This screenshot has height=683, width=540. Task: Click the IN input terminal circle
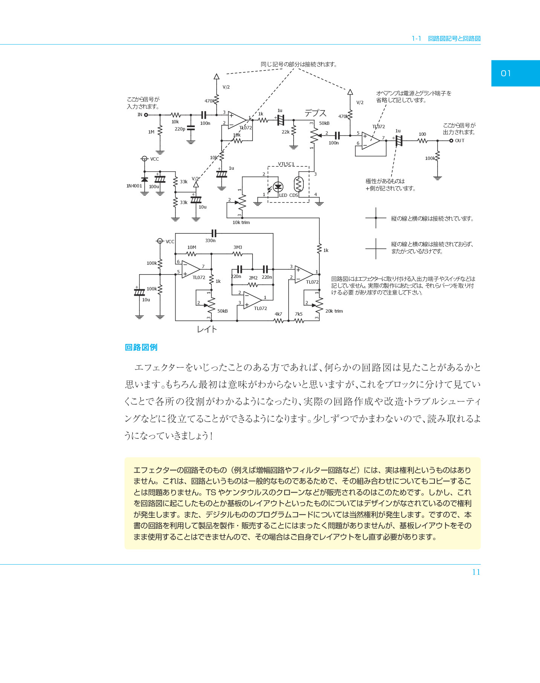(x=146, y=115)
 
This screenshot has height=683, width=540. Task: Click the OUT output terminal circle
(x=451, y=141)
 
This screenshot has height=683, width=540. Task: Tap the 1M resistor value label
(x=151, y=132)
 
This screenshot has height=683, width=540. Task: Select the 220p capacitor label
(x=180, y=129)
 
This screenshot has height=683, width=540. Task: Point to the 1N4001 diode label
(x=134, y=186)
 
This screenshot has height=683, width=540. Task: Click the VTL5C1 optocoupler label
(x=286, y=164)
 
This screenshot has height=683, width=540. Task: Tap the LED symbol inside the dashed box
(x=278, y=187)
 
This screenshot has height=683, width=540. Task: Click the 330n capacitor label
(x=210, y=241)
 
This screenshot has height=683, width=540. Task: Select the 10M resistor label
(x=192, y=247)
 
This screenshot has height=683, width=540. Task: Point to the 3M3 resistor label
(x=238, y=247)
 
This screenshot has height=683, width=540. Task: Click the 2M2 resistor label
(x=253, y=278)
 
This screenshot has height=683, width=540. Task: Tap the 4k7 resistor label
(x=278, y=314)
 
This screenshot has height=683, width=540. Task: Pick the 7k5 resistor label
(x=299, y=314)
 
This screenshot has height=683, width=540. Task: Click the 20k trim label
(x=334, y=311)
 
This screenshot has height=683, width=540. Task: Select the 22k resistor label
(x=286, y=132)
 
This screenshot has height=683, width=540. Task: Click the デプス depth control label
(x=315, y=113)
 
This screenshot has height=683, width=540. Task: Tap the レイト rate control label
(x=207, y=329)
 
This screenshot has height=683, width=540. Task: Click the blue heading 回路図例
(x=141, y=347)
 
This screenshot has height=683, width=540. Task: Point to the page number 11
(x=476, y=572)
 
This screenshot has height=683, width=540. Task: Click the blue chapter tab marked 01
(x=516, y=73)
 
